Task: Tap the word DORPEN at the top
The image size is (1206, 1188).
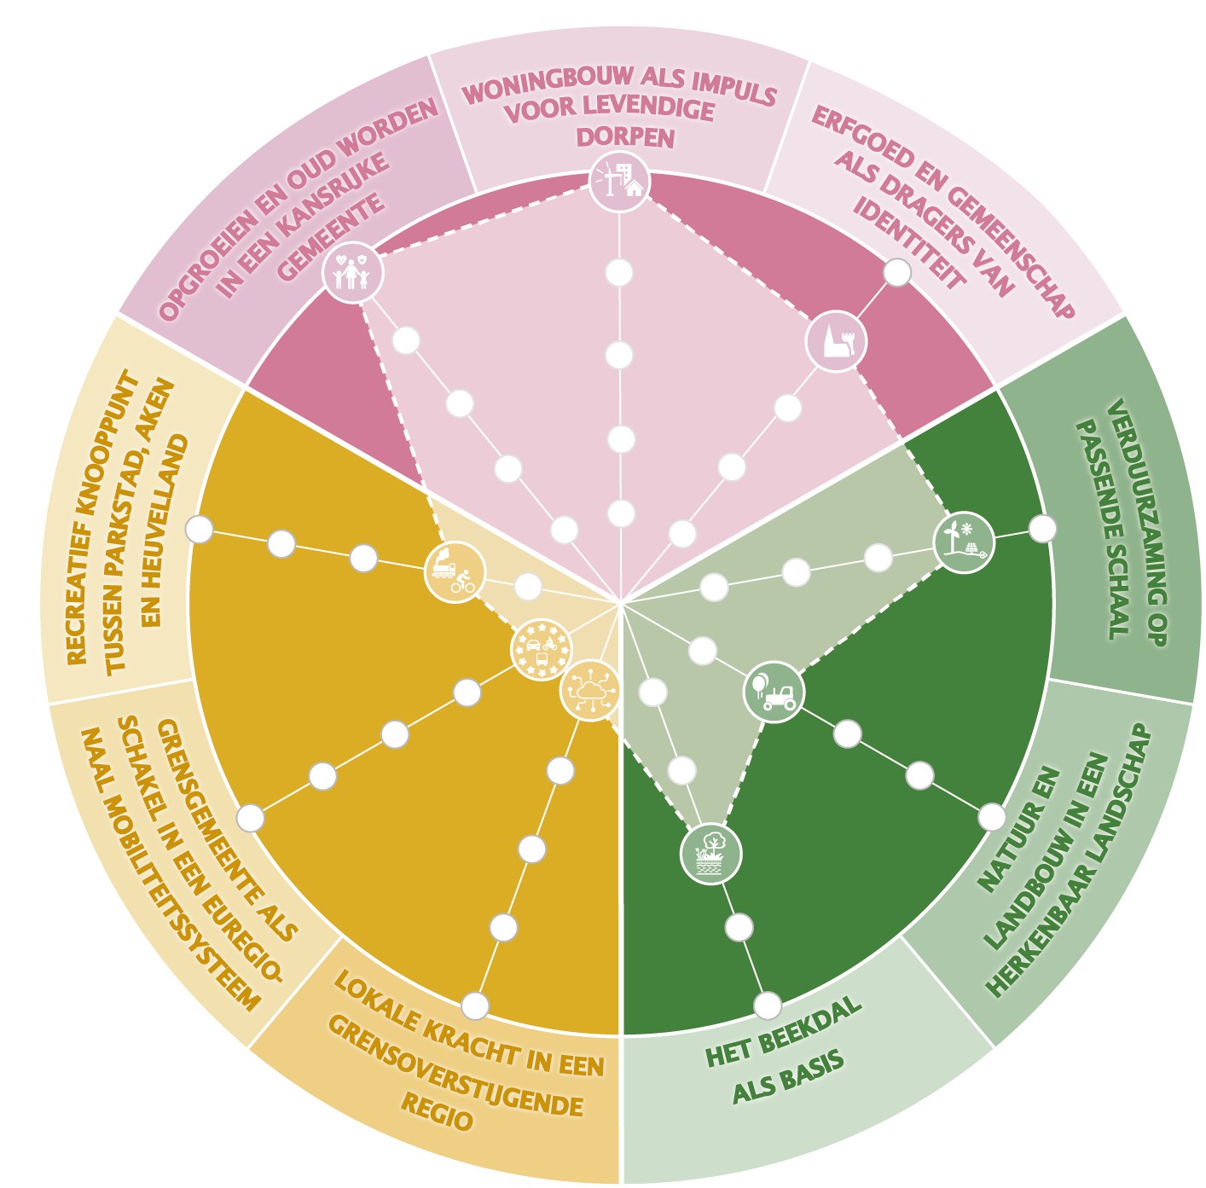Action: [x=625, y=137]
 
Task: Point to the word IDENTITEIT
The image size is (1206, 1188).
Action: [x=908, y=243]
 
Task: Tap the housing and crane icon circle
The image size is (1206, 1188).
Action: [x=620, y=182]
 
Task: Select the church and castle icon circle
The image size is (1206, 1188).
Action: [x=837, y=341]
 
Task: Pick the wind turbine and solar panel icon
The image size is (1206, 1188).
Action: [x=963, y=542]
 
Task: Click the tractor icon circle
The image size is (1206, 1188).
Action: [x=774, y=693]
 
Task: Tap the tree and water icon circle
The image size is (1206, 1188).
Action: [x=711, y=854]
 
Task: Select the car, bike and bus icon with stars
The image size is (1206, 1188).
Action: [x=542, y=649]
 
